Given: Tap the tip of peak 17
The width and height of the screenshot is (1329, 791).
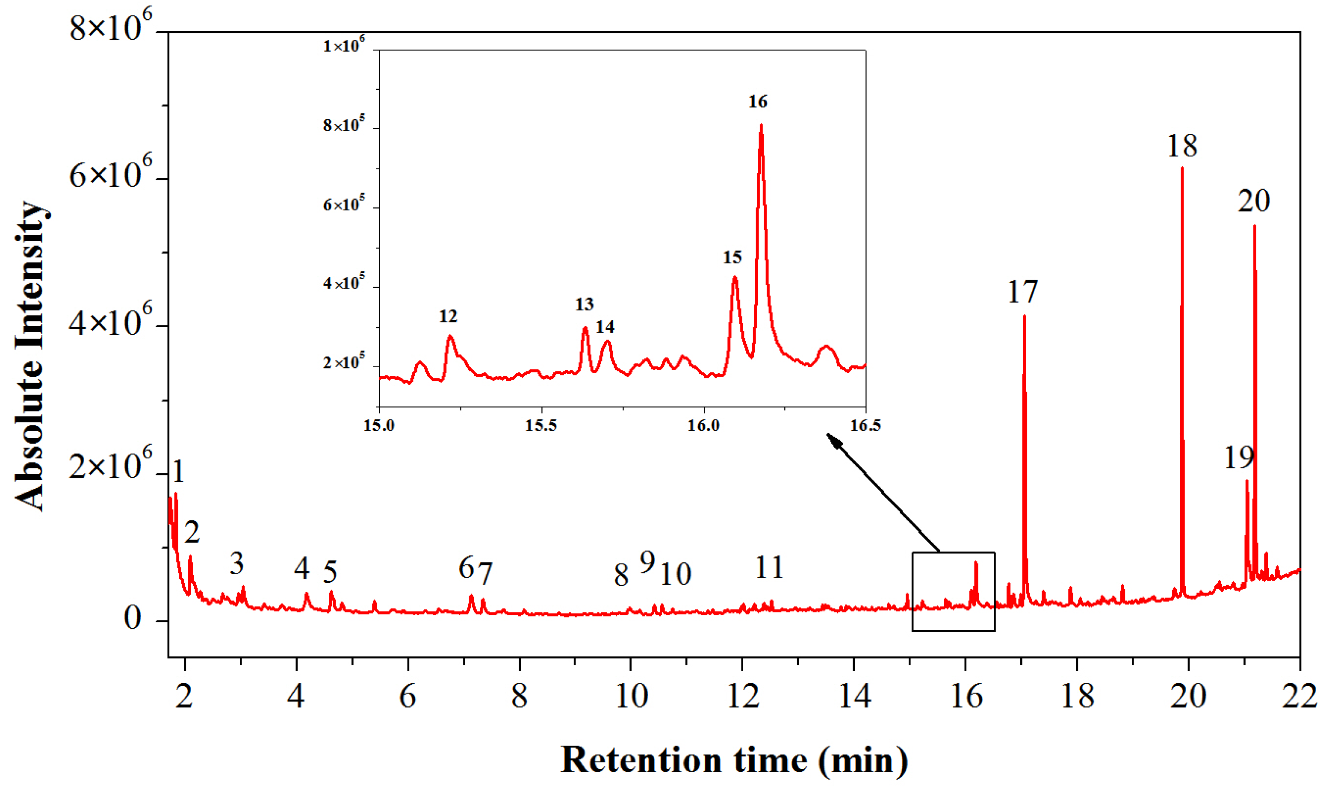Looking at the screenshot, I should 1024,316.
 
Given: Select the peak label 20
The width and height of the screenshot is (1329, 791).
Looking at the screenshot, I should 1253,201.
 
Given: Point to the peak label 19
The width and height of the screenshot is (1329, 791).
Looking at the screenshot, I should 1238,457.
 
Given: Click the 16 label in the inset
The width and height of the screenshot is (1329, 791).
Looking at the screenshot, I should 758,101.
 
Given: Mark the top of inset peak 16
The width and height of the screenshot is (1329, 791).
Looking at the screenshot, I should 761,125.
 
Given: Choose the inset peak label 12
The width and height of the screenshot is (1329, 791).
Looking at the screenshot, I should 448,316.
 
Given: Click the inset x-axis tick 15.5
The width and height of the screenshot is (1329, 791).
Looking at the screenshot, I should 541,425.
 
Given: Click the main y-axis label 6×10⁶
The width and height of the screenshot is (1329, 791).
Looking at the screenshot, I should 110,176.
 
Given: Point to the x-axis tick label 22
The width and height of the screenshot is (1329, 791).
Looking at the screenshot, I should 1299,696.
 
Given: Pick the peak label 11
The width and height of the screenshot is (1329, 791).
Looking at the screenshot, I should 769,567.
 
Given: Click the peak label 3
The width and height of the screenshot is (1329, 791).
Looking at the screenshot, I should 236,563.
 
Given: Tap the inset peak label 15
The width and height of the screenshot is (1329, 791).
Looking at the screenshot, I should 732,257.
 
